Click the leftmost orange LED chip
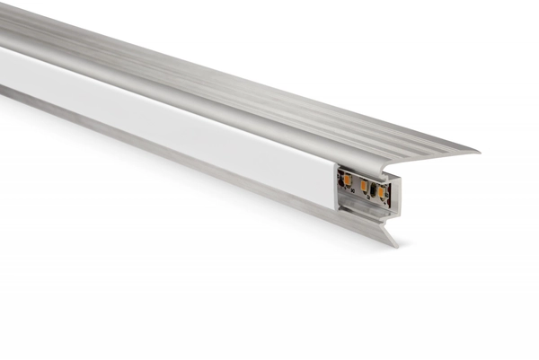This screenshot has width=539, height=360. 346,179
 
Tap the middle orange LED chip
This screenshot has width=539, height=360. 364,186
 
